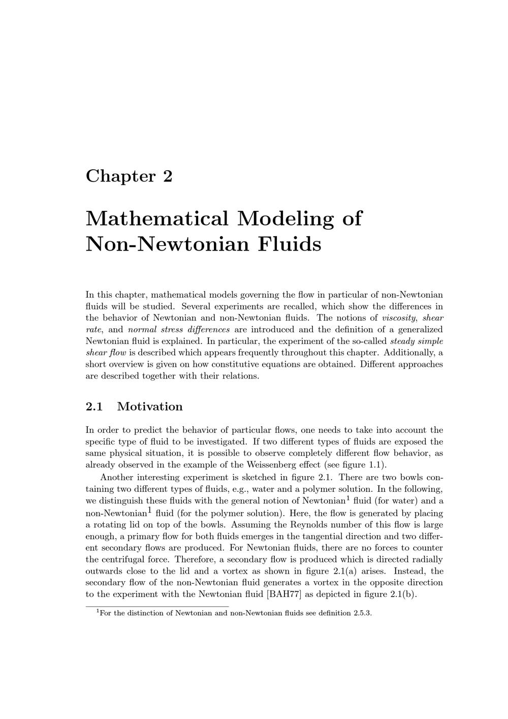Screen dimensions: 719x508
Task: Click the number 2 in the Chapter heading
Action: (168, 176)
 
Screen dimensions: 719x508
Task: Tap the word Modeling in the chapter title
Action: (285, 218)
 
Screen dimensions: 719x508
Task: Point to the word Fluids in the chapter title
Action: (290, 244)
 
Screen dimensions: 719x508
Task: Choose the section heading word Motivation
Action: (149, 407)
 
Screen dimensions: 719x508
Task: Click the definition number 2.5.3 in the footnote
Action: (362, 613)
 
